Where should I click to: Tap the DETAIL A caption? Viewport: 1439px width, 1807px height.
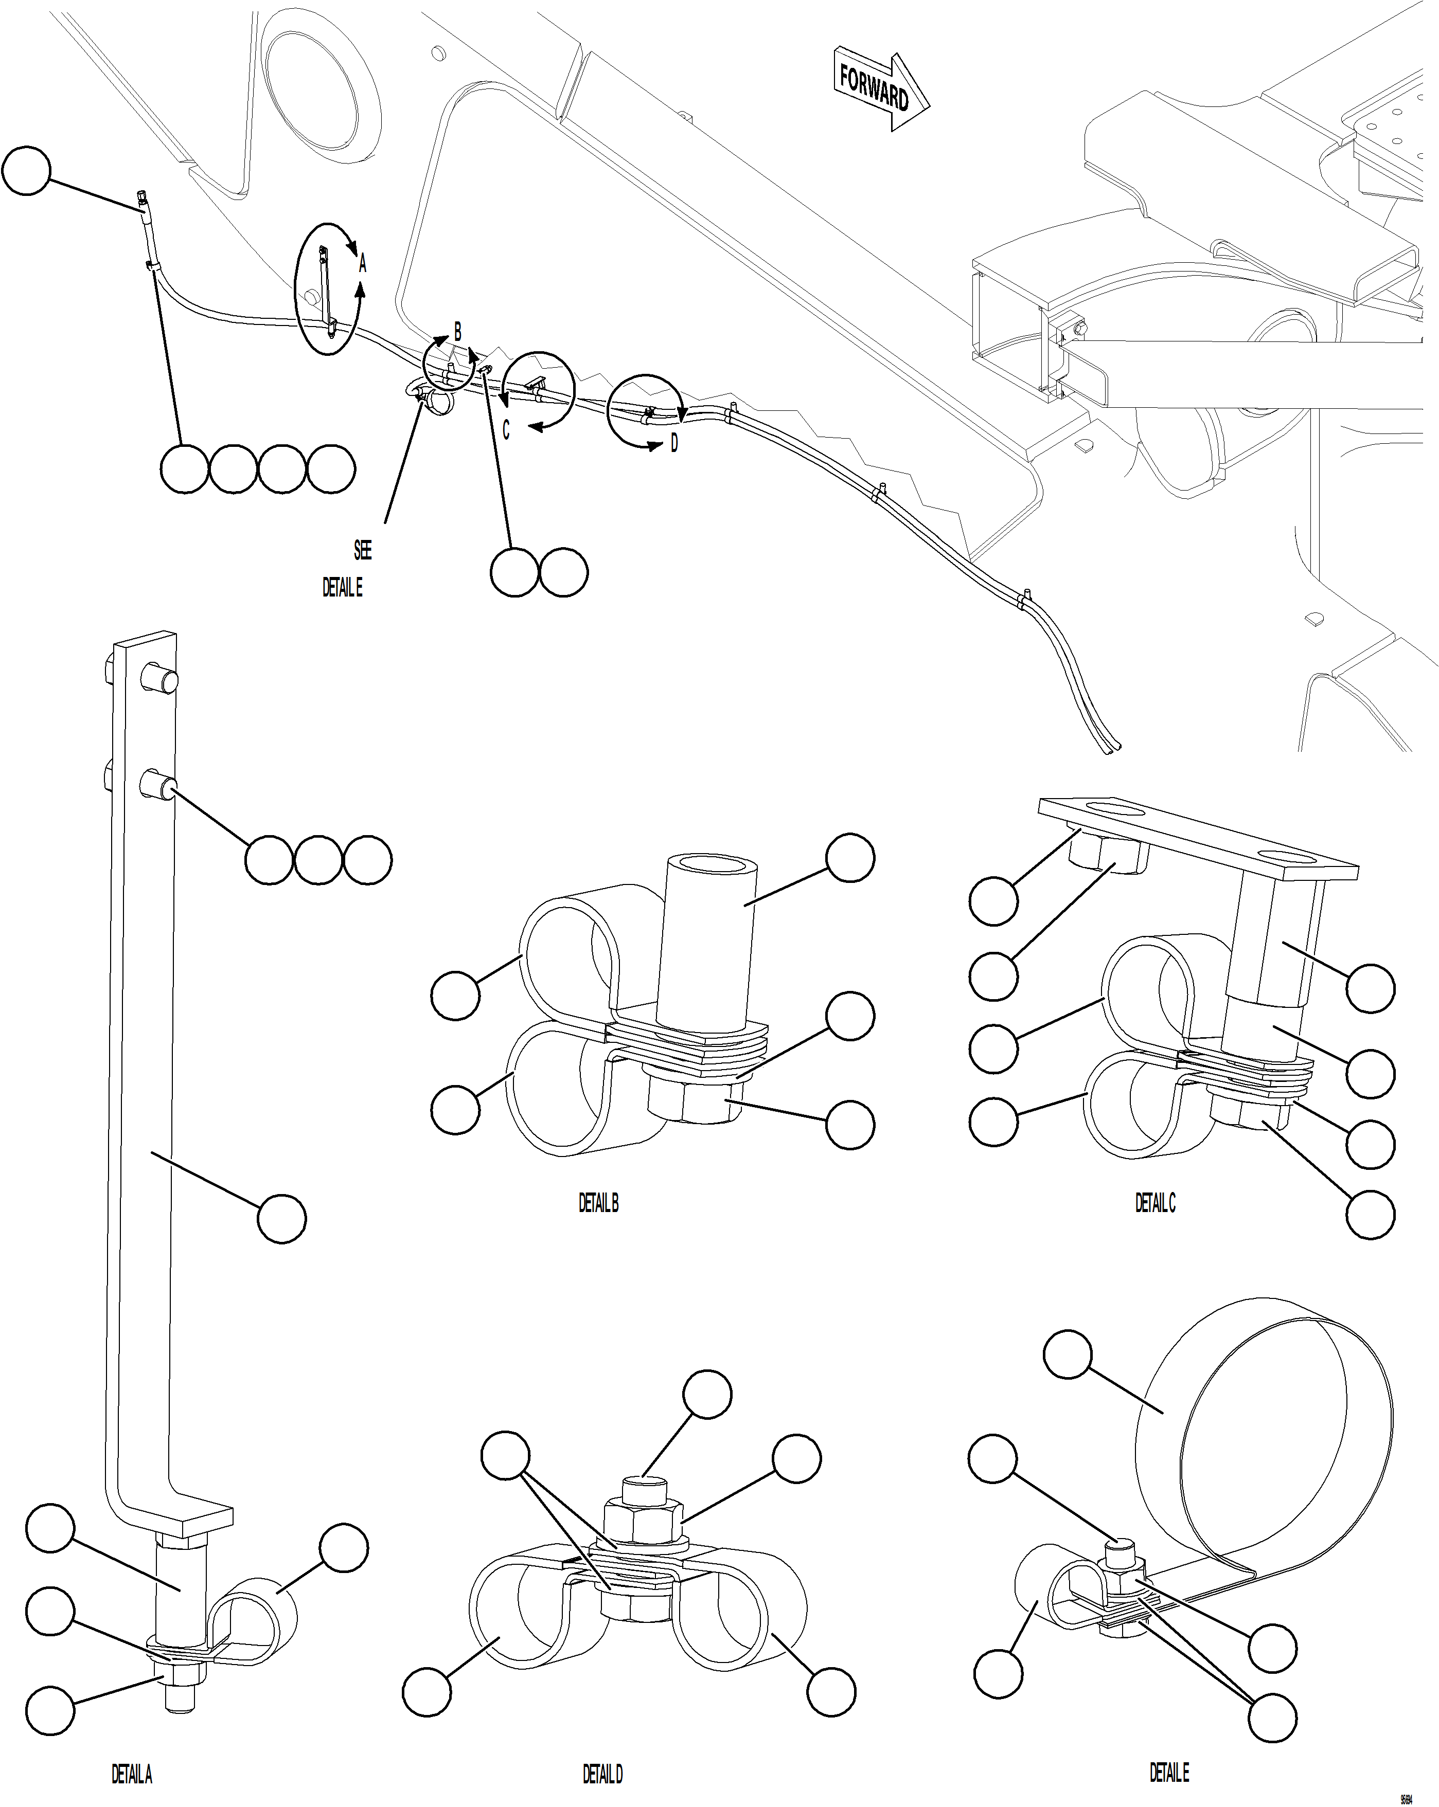click(132, 1774)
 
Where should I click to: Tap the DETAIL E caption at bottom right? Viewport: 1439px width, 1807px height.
click(1169, 1772)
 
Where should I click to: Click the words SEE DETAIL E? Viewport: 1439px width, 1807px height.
click(344, 570)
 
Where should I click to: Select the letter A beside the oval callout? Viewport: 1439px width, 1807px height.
click(362, 265)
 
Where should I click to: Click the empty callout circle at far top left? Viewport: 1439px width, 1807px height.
click(26, 171)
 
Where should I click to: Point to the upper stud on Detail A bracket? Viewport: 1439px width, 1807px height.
click(157, 677)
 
